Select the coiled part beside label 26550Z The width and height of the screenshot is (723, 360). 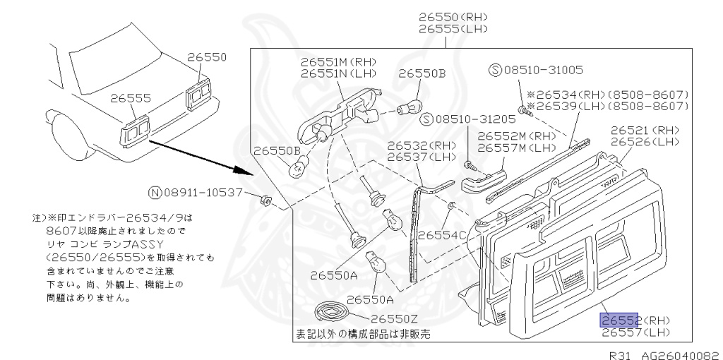point(333,312)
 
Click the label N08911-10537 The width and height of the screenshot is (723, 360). point(196,192)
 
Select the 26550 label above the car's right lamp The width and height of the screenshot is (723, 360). point(207,56)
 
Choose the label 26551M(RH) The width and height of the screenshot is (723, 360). point(337,62)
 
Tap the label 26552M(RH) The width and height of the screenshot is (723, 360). point(516,136)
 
